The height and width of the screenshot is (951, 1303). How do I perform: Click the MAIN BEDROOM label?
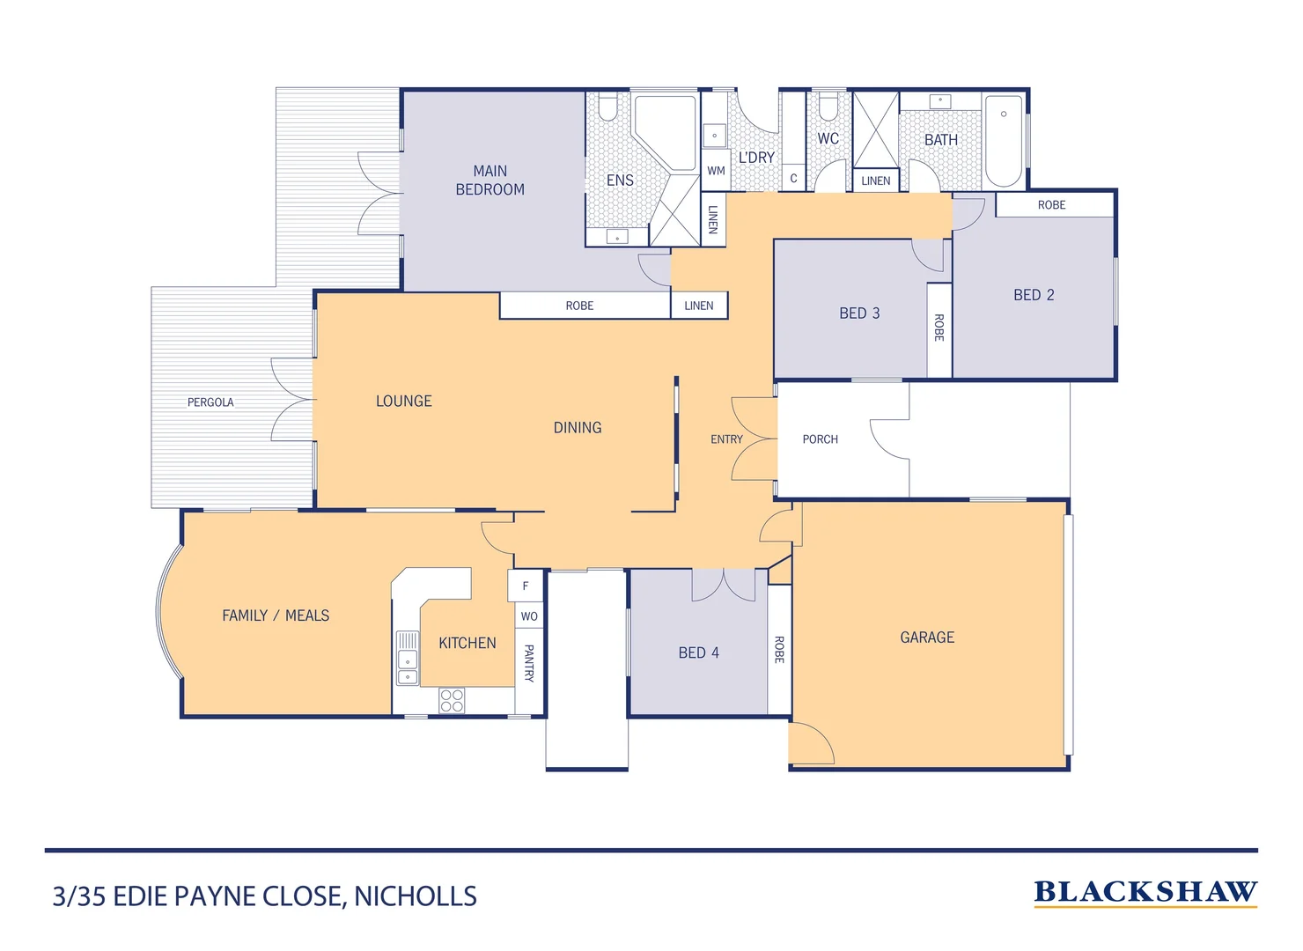click(x=490, y=181)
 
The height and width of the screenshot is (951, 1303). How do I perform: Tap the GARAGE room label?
click(x=926, y=638)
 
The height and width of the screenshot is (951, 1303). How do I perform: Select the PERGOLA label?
click(x=210, y=402)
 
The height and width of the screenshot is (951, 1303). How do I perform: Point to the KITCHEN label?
click(x=467, y=644)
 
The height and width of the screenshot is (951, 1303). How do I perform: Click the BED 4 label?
click(x=698, y=652)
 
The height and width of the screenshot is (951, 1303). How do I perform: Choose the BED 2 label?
click(x=1033, y=295)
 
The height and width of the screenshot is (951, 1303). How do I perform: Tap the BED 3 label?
click(x=858, y=313)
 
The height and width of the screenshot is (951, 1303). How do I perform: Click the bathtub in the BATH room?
click(x=1003, y=141)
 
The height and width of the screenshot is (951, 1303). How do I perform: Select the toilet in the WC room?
click(x=828, y=108)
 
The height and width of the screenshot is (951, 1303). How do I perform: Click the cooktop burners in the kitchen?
click(x=452, y=701)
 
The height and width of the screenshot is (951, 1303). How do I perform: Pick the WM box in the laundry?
click(x=716, y=171)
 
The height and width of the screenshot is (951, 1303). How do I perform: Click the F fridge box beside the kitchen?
click(x=526, y=586)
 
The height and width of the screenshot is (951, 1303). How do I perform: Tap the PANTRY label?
click(x=529, y=663)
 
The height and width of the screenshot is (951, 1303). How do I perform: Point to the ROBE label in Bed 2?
click(x=1051, y=205)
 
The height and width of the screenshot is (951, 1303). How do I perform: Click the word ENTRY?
click(x=726, y=439)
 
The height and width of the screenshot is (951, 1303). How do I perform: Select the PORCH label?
click(x=820, y=439)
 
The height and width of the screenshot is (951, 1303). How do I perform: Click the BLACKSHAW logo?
click(x=1145, y=892)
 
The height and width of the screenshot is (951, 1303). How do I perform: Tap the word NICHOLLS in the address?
click(x=415, y=896)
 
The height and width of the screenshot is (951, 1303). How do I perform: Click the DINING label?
click(x=578, y=428)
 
